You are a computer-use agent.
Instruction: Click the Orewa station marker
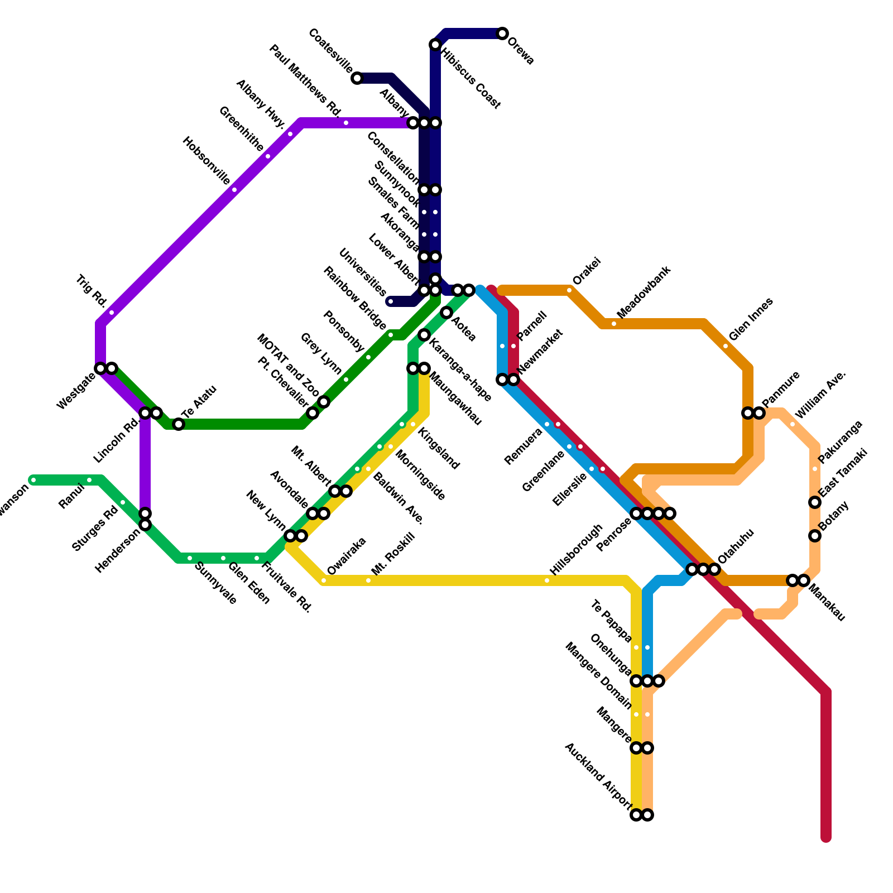[x=502, y=33]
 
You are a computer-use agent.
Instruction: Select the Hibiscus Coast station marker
[x=435, y=45]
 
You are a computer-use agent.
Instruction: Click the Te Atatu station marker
[x=179, y=424]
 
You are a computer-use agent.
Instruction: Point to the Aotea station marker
[x=446, y=313]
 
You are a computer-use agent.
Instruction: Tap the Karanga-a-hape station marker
[x=424, y=335]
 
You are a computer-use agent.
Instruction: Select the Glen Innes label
[x=751, y=319]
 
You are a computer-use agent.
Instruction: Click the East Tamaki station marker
[x=815, y=502]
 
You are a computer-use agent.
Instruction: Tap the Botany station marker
[x=815, y=536]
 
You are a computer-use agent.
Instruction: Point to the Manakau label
[x=827, y=603]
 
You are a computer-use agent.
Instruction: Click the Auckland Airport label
[x=598, y=776]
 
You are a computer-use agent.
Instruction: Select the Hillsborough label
[x=577, y=550]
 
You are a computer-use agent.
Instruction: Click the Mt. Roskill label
[x=393, y=554]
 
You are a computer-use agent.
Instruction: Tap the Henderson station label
[x=117, y=551]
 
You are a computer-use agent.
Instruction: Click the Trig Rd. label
[x=91, y=291]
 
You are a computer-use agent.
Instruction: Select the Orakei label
[x=586, y=271]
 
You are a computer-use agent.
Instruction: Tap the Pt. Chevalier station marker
[x=313, y=413]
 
